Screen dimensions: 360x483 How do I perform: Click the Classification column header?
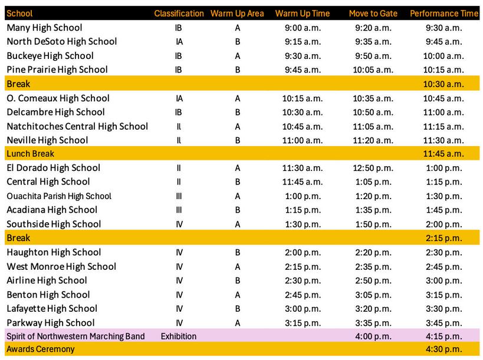[179, 13]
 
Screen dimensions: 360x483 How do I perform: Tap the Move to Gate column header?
[373, 13]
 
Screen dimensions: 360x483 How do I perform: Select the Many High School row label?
[44, 28]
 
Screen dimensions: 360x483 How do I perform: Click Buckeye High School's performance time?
[444, 56]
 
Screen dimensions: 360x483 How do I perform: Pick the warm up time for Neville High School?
[303, 140]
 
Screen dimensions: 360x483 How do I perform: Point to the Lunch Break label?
[30, 154]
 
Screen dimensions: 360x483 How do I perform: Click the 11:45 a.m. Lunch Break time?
[444, 154]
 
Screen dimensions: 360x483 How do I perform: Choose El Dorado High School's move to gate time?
[373, 168]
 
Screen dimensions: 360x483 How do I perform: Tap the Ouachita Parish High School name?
[59, 196]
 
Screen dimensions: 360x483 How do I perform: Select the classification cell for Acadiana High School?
[179, 210]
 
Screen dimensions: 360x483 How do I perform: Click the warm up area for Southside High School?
[237, 224]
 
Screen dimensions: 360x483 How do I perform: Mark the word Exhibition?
[179, 336]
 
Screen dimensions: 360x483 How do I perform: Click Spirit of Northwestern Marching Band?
[75, 336]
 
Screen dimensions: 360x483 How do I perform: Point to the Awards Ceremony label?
[41, 349]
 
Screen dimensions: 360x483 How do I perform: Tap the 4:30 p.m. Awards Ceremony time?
[444, 349]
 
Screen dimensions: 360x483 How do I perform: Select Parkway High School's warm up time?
[303, 323]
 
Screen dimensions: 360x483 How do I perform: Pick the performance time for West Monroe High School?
[444, 267]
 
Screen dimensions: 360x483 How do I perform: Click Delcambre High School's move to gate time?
[373, 112]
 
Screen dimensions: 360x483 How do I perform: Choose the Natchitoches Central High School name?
[77, 126]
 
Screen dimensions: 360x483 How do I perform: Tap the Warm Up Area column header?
[237, 13]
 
